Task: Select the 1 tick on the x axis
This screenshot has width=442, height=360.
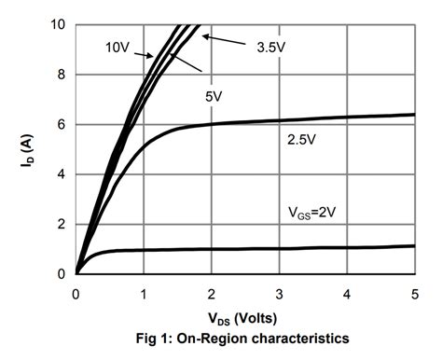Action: [143, 294]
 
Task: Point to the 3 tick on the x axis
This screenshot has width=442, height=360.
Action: [279, 294]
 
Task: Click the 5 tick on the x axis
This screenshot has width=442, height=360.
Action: [414, 294]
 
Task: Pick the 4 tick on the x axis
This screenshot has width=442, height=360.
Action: [346, 294]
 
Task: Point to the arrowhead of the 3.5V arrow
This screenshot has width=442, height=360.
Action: [204, 36]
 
